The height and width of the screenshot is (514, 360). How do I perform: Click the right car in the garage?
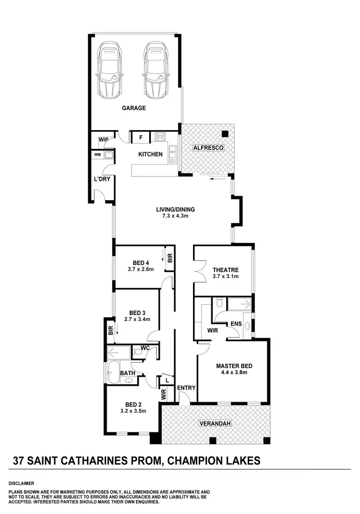[x=155, y=70]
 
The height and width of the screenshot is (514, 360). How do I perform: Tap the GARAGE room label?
[x=133, y=108]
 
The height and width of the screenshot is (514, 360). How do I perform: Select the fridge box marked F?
[x=141, y=138]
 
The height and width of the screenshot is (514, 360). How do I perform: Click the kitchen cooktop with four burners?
[x=159, y=137]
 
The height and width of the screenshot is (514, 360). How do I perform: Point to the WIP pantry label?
[x=103, y=140]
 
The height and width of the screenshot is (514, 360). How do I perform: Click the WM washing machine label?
[x=97, y=155]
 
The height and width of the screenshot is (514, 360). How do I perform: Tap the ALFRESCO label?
[x=208, y=148]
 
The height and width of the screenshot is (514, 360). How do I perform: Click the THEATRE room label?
[x=225, y=270]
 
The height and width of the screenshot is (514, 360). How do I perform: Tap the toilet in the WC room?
[x=138, y=352]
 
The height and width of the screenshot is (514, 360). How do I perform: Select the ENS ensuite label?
[x=236, y=324]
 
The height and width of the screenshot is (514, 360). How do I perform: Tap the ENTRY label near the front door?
[x=185, y=388]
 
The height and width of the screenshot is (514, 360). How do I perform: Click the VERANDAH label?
[x=215, y=424]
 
